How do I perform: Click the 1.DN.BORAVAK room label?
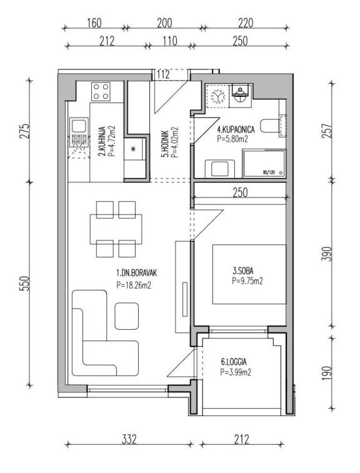pyautogui.click(x=137, y=273)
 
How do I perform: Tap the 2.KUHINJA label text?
pyautogui.click(x=102, y=141)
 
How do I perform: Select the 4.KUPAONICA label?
pyautogui.click(x=236, y=129)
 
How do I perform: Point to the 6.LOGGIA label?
pyautogui.click(x=234, y=361)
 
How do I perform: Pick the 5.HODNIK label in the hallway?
pyautogui.click(x=165, y=144)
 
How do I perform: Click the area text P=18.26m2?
pyautogui.click(x=134, y=285)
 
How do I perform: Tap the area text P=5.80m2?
pyautogui.click(x=232, y=139)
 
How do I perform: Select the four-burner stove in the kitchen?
pyautogui.click(x=101, y=91)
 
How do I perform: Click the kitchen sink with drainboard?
pyautogui.click(x=79, y=132)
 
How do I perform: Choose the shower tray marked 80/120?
pyautogui.click(x=264, y=164)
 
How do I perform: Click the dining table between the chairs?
pyautogui.click(x=116, y=229)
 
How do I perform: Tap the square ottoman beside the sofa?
pyautogui.click(x=127, y=316)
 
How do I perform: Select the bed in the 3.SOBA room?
pyautogui.click(x=249, y=274)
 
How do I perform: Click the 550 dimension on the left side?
pyautogui.click(x=26, y=283)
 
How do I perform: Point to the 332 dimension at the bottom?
pyautogui.click(x=129, y=439)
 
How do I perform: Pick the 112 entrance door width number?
pyautogui.click(x=163, y=74)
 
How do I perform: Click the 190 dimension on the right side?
pyautogui.click(x=327, y=373)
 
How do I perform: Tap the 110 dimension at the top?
pyautogui.click(x=170, y=41)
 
